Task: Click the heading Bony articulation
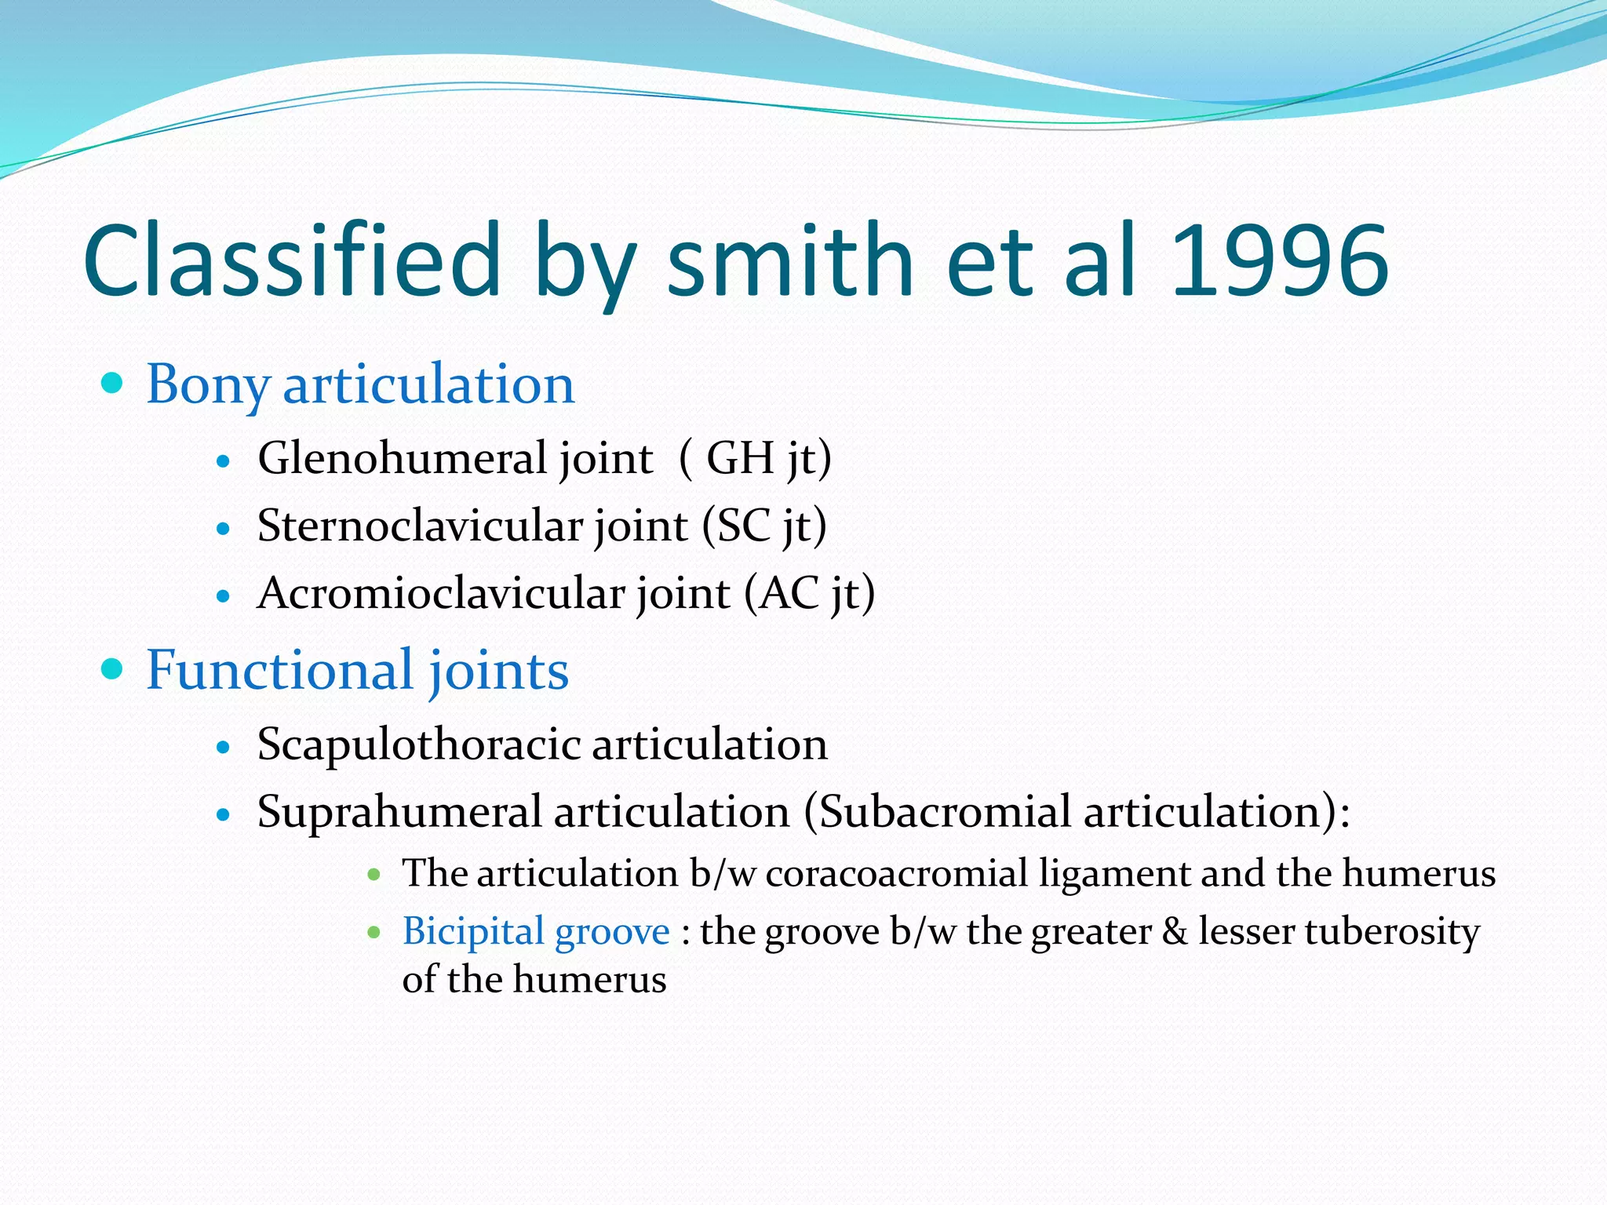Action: [x=360, y=385]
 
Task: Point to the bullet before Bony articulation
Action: [x=113, y=384]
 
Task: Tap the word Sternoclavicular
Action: [x=419, y=526]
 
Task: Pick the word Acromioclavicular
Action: [x=440, y=593]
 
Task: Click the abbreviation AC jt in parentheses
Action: [x=808, y=593]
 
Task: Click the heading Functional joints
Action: [x=357, y=671]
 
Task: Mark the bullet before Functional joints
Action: [x=113, y=669]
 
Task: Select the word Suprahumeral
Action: [x=399, y=811]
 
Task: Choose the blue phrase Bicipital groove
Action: [x=536, y=932]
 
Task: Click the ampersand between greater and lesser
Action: [x=1175, y=932]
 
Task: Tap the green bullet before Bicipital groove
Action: [x=374, y=933]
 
